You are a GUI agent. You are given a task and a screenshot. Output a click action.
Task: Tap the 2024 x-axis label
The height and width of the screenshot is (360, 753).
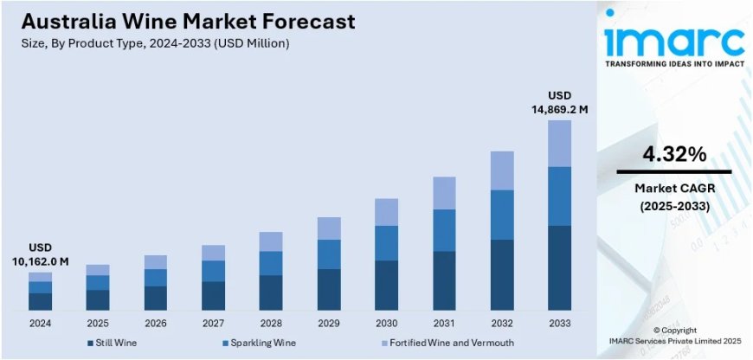(40, 323)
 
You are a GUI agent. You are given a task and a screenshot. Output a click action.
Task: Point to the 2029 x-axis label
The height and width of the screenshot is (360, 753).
(328, 323)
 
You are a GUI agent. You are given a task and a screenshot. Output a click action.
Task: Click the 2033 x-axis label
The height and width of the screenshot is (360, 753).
(559, 323)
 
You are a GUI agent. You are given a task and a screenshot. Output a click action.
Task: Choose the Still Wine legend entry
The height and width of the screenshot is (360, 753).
(116, 344)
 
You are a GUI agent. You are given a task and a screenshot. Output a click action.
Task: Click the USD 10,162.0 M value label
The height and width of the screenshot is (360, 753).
(40, 254)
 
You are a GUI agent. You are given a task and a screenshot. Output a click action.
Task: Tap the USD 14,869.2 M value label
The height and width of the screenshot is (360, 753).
(559, 102)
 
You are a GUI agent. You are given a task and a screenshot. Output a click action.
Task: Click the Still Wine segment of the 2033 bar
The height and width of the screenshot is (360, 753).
(559, 267)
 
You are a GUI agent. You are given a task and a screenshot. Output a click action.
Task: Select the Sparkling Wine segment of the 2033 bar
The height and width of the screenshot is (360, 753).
(559, 196)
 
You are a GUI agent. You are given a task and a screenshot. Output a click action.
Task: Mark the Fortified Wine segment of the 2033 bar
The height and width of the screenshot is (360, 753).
(559, 143)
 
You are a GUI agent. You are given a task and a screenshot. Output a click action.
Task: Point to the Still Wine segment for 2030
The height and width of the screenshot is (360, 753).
(386, 285)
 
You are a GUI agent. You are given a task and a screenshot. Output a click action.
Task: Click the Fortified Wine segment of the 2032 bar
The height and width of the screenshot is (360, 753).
(501, 170)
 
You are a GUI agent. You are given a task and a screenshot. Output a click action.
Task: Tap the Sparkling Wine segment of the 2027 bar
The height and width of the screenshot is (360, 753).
(213, 271)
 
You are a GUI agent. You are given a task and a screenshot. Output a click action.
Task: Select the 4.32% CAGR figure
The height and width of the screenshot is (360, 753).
(673, 155)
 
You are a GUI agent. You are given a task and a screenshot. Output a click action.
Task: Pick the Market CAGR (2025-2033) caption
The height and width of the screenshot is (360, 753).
(673, 196)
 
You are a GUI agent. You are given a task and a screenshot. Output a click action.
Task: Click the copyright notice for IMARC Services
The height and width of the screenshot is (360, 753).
(673, 337)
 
